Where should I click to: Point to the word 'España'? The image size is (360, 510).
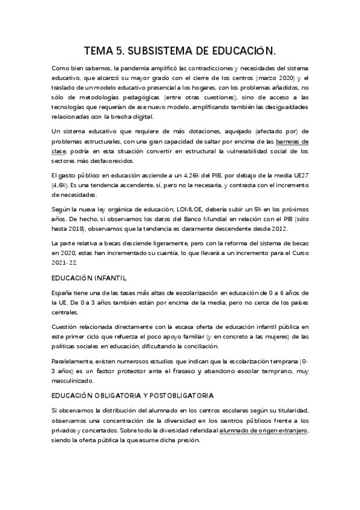pos(63,292)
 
